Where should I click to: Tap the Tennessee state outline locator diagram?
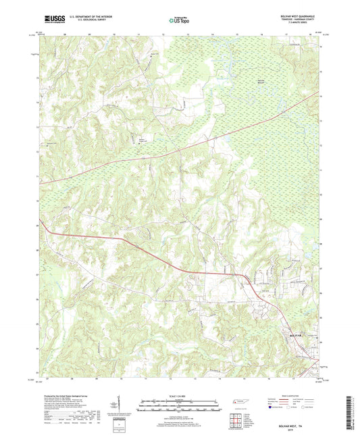[240, 403]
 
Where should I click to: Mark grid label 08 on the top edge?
[66, 31]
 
